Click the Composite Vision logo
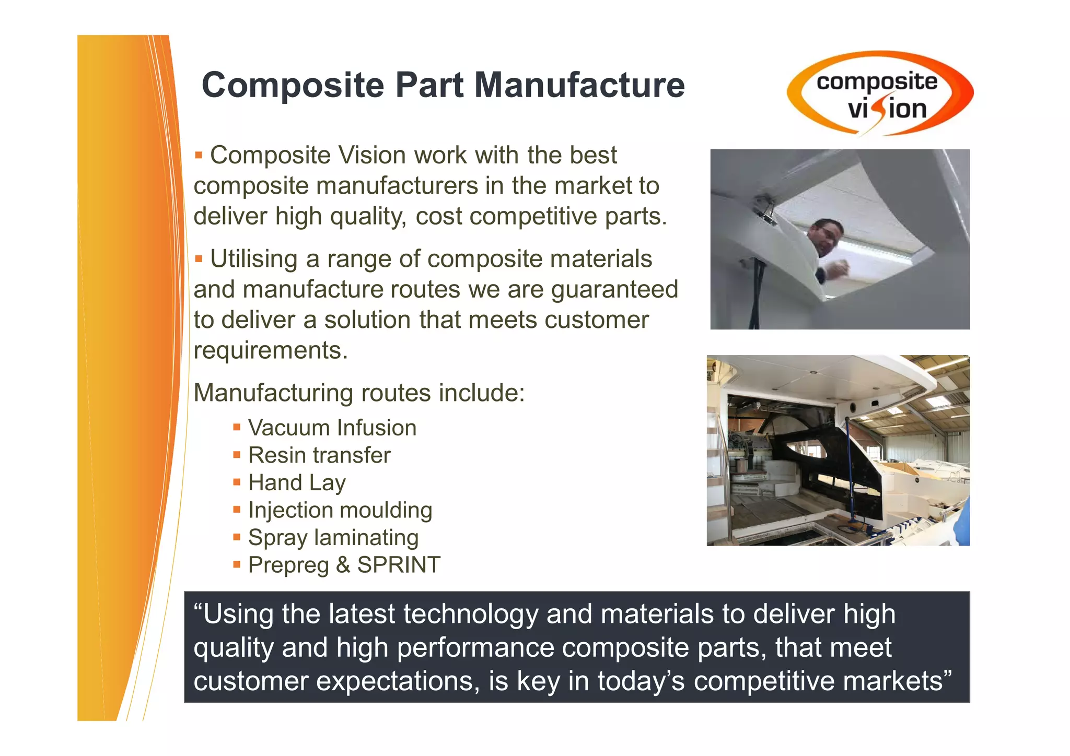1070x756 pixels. [x=880, y=94]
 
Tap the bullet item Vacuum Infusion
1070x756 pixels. [x=332, y=428]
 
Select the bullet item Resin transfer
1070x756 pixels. [x=319, y=455]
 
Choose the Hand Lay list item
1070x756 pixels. [x=296, y=483]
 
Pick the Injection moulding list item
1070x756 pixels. [x=340, y=510]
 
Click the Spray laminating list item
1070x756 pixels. [x=333, y=538]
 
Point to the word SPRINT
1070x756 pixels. [x=399, y=565]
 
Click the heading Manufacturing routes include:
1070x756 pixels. [x=359, y=393]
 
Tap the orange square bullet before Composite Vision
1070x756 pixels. [x=199, y=155]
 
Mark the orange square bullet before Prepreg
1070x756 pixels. [x=237, y=564]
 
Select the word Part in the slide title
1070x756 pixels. [x=429, y=85]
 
